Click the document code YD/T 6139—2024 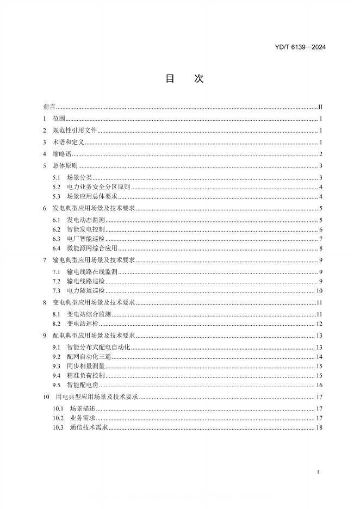click(301, 47)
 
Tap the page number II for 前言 click(321, 108)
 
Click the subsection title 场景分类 click(79, 178)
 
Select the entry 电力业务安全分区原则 click(98, 187)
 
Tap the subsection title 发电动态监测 click(86, 220)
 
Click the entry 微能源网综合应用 click(92, 248)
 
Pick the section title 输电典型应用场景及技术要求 click(95, 260)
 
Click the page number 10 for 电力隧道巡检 click(320, 290)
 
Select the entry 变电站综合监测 click(89, 314)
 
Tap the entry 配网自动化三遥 click(89, 357)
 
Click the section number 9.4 click(57, 375)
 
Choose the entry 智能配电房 click(83, 384)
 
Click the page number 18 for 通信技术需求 click(320, 427)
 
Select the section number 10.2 click(58, 418)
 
